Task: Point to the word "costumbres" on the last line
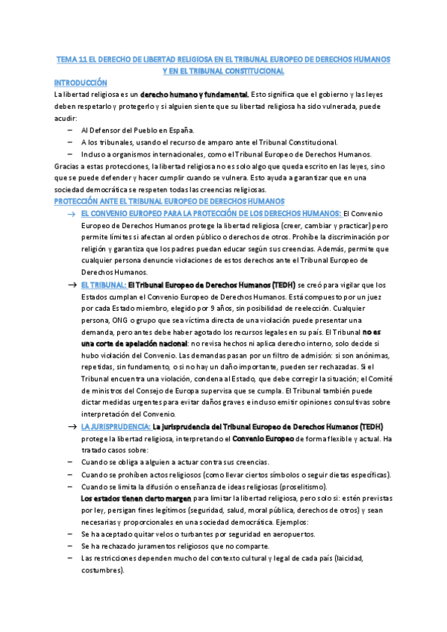coord(101,570)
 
